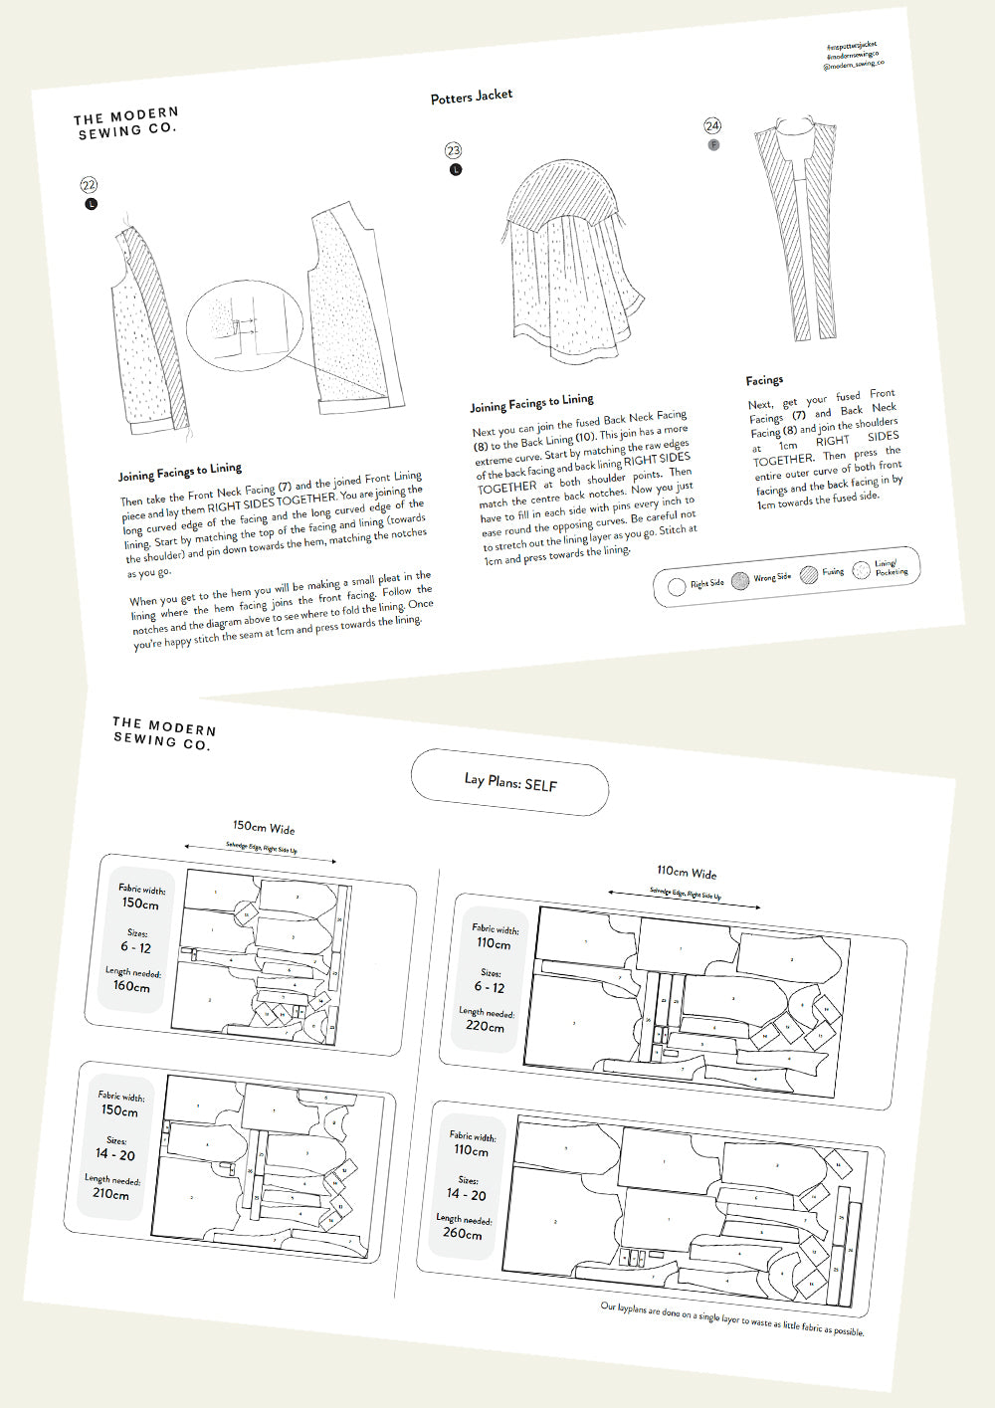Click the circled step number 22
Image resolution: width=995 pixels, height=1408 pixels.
click(x=89, y=185)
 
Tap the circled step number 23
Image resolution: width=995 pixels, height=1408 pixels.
click(x=454, y=150)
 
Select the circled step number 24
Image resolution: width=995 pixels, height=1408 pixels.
click(x=712, y=125)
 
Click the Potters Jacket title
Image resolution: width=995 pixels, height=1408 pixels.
click(x=472, y=96)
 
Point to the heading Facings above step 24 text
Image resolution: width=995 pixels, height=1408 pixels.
click(x=764, y=380)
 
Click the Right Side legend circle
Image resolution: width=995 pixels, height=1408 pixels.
click(x=677, y=586)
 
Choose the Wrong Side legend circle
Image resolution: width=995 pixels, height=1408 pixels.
click(x=740, y=581)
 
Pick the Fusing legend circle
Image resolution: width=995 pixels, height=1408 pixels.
click(x=808, y=574)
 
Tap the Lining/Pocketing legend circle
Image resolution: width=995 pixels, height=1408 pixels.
click(x=862, y=570)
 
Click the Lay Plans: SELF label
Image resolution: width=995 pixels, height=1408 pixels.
click(x=510, y=783)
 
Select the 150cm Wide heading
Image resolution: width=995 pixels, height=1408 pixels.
click(x=264, y=827)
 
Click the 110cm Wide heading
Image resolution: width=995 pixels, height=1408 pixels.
click(x=687, y=872)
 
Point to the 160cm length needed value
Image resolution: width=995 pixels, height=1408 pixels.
click(x=131, y=986)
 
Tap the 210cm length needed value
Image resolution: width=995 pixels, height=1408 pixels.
click(x=110, y=1193)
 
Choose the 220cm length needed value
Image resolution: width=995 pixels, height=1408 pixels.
click(x=485, y=1025)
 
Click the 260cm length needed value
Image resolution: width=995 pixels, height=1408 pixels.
click(x=462, y=1233)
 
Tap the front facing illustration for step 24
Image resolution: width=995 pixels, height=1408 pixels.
click(x=796, y=229)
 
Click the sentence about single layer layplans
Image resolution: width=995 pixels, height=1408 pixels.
click(x=731, y=1318)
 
